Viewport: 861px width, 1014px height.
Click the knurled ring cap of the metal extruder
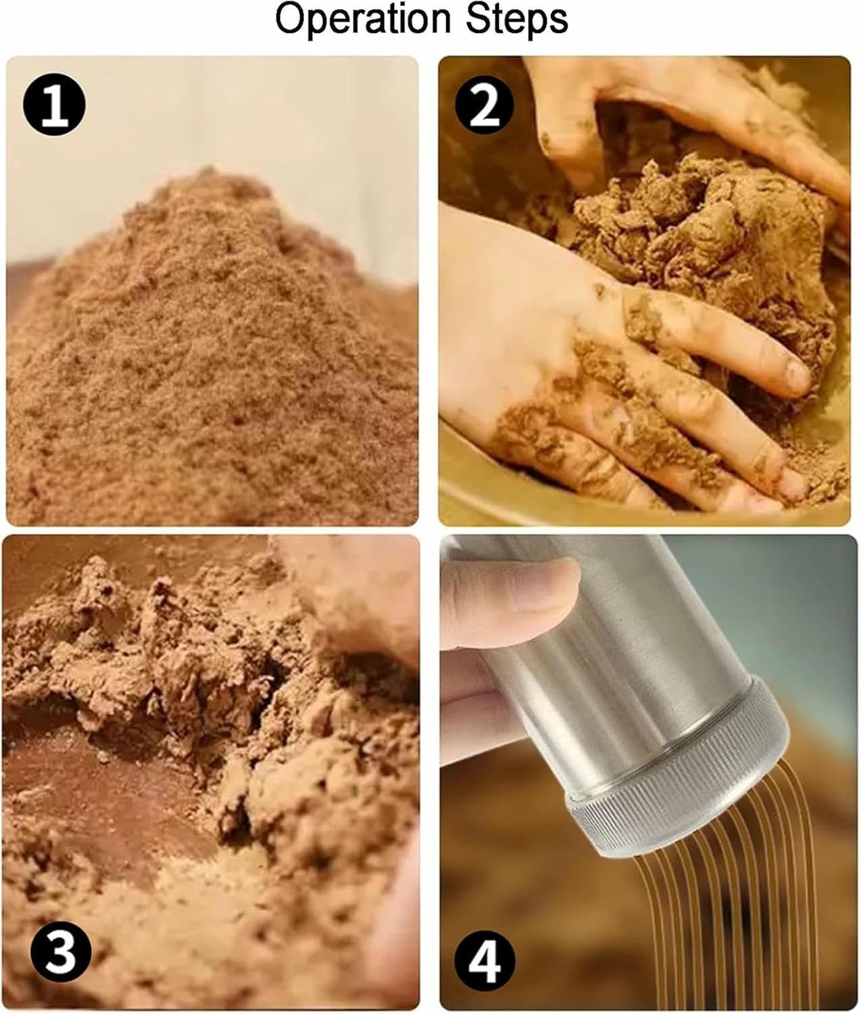coord(683,771)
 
